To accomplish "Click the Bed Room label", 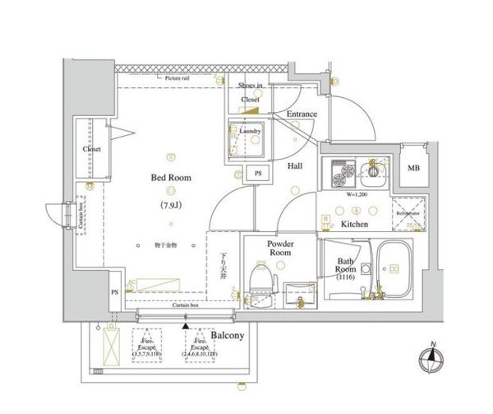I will [171, 176].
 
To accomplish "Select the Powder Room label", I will [279, 249].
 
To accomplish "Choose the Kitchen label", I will [353, 224].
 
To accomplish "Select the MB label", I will [412, 171].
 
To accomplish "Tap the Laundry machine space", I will [245, 140].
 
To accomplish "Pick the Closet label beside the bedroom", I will [91, 149].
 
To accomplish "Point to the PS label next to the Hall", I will [258, 174].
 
